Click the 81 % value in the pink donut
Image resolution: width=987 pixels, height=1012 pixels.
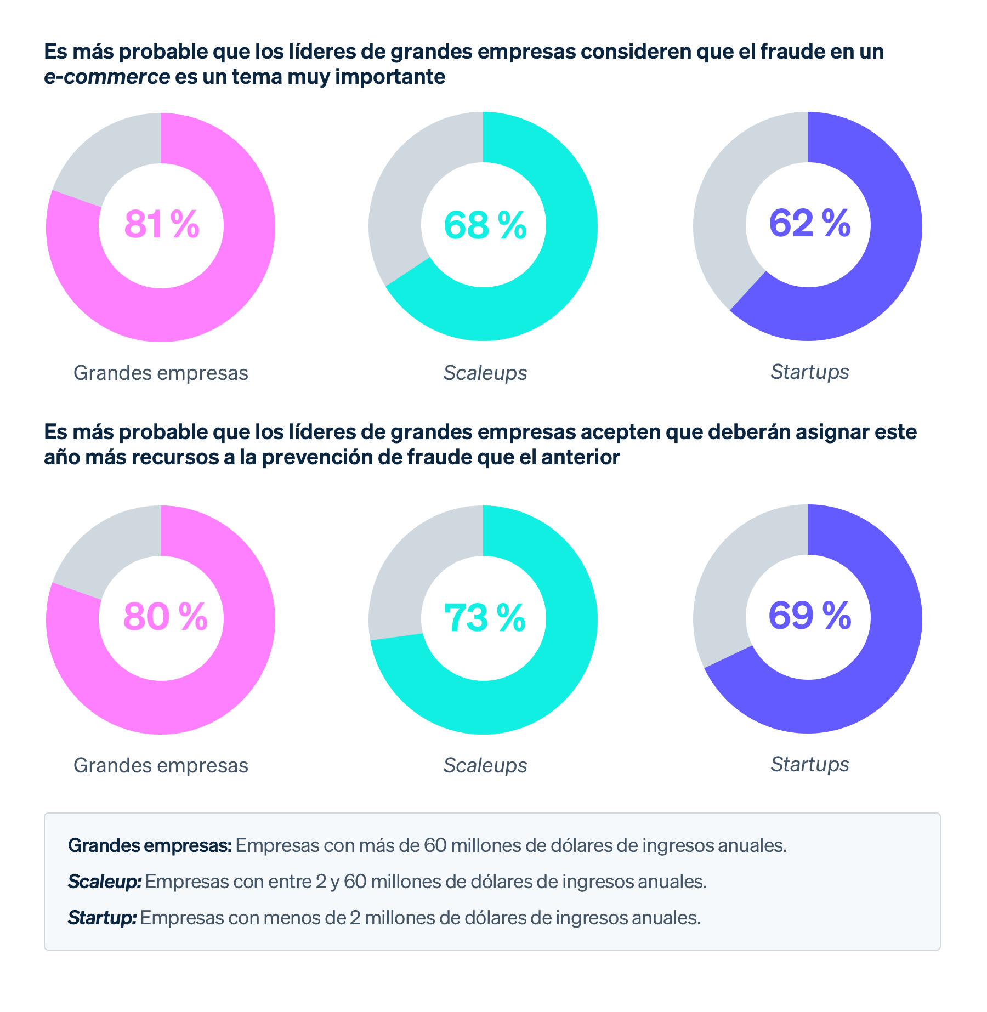(162, 224)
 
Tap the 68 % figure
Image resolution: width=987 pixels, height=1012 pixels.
(485, 225)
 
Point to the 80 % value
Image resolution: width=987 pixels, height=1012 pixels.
(165, 617)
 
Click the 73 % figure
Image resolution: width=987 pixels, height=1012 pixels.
(484, 618)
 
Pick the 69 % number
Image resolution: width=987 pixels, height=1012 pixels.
(809, 616)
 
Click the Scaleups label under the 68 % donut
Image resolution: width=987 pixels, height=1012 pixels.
(485, 373)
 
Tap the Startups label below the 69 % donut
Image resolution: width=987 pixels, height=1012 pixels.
(809, 764)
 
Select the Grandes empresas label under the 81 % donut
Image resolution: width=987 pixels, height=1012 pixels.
(161, 373)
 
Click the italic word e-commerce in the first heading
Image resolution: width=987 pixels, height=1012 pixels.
(107, 77)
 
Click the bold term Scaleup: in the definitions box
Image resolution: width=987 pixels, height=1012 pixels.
(105, 882)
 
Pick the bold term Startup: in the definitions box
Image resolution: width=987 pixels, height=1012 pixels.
(102, 918)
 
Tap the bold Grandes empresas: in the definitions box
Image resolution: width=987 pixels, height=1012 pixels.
(150, 845)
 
